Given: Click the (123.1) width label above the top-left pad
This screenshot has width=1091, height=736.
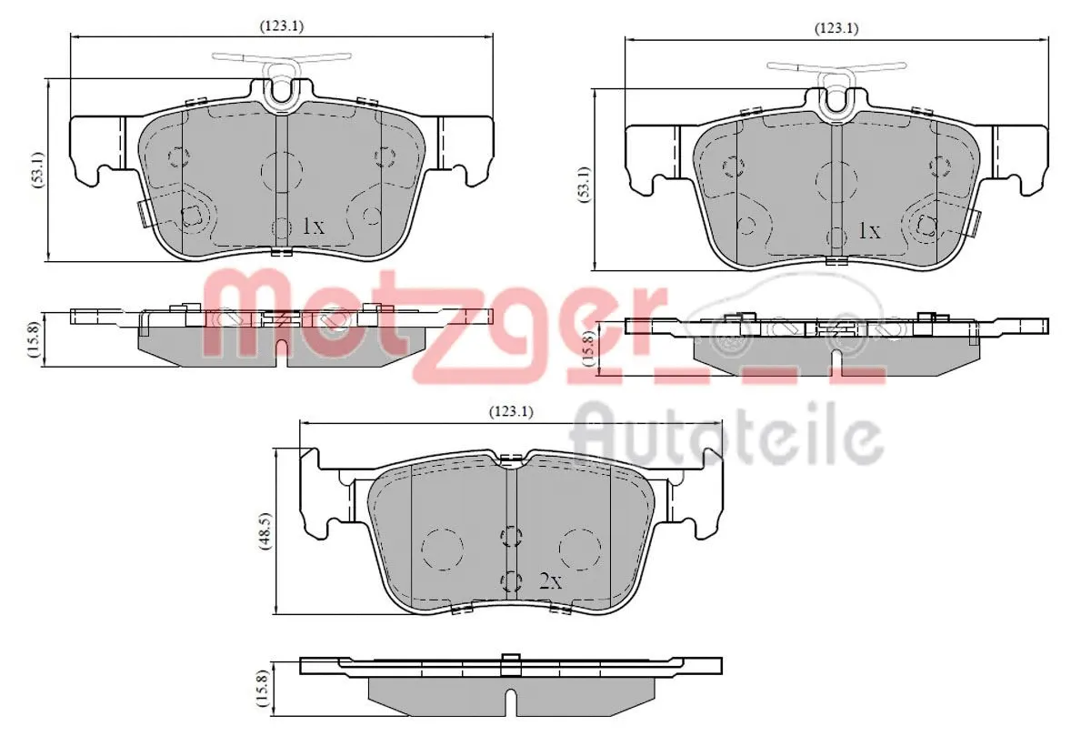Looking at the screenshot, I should point(283,25).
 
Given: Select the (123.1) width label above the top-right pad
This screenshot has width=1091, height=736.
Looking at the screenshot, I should point(836,28).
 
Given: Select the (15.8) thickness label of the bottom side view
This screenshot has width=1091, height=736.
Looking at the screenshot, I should point(262,689).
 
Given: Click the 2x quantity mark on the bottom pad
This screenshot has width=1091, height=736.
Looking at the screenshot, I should point(551,581).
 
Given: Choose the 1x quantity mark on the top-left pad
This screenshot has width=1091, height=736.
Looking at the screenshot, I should point(312,227).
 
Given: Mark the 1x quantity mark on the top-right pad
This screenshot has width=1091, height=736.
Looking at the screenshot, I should point(869,231).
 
